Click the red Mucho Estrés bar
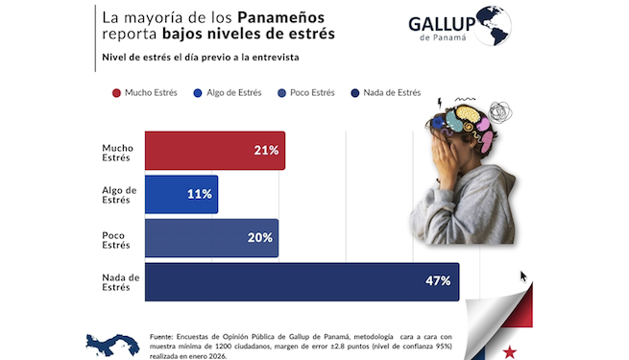[x=214, y=151]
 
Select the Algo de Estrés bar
[x=181, y=194]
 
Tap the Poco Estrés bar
[x=211, y=238]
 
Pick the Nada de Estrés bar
[x=302, y=281]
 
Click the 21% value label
[x=266, y=151]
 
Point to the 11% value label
[x=199, y=194]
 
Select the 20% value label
[x=260, y=238]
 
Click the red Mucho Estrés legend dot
[x=116, y=93]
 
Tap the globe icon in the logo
[x=493, y=25]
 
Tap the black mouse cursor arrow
[x=523, y=276]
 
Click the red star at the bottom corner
[x=508, y=351]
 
